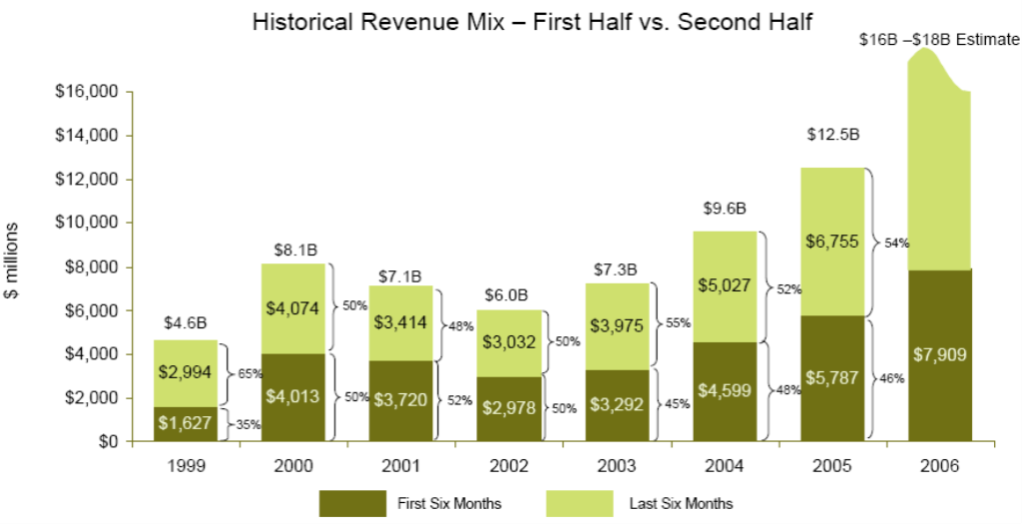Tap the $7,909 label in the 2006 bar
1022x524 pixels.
(x=939, y=354)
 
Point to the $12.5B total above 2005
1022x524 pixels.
(x=832, y=134)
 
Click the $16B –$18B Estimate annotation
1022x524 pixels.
(x=938, y=40)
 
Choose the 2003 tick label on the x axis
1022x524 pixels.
(x=617, y=466)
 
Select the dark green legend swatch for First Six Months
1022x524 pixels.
(x=352, y=503)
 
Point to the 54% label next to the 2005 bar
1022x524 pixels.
(x=895, y=243)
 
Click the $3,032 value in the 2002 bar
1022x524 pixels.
(x=509, y=342)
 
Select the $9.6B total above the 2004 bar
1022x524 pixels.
(x=725, y=209)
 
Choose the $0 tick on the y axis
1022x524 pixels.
(x=107, y=441)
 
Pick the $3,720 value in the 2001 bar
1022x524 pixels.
(x=401, y=400)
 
